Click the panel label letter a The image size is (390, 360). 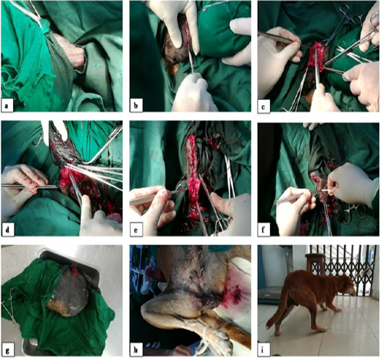7,106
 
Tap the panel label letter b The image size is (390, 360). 136,106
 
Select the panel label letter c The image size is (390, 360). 263,108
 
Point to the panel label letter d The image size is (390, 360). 7,230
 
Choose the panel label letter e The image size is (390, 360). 136,230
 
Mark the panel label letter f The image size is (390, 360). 263,230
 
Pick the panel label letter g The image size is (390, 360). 7,350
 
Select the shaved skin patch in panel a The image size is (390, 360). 69,51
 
